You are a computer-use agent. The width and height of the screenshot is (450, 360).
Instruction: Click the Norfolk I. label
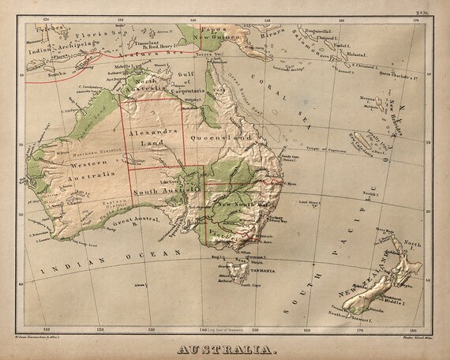(369, 193)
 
